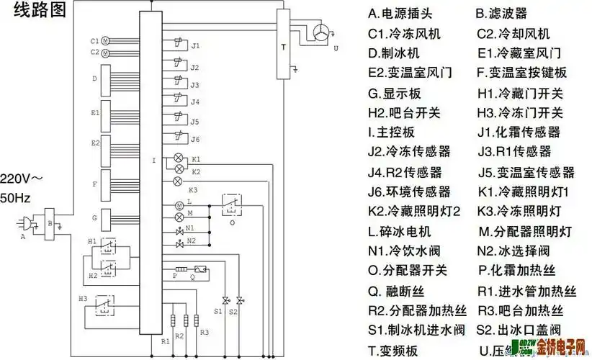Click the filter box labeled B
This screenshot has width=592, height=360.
(x=50, y=222)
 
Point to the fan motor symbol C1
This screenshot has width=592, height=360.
(x=104, y=41)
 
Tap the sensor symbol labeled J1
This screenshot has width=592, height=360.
(x=176, y=45)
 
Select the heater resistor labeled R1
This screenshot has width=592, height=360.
(x=172, y=320)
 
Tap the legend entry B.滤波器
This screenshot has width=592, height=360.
(x=501, y=13)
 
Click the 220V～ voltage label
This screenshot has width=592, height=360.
(x=22, y=178)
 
